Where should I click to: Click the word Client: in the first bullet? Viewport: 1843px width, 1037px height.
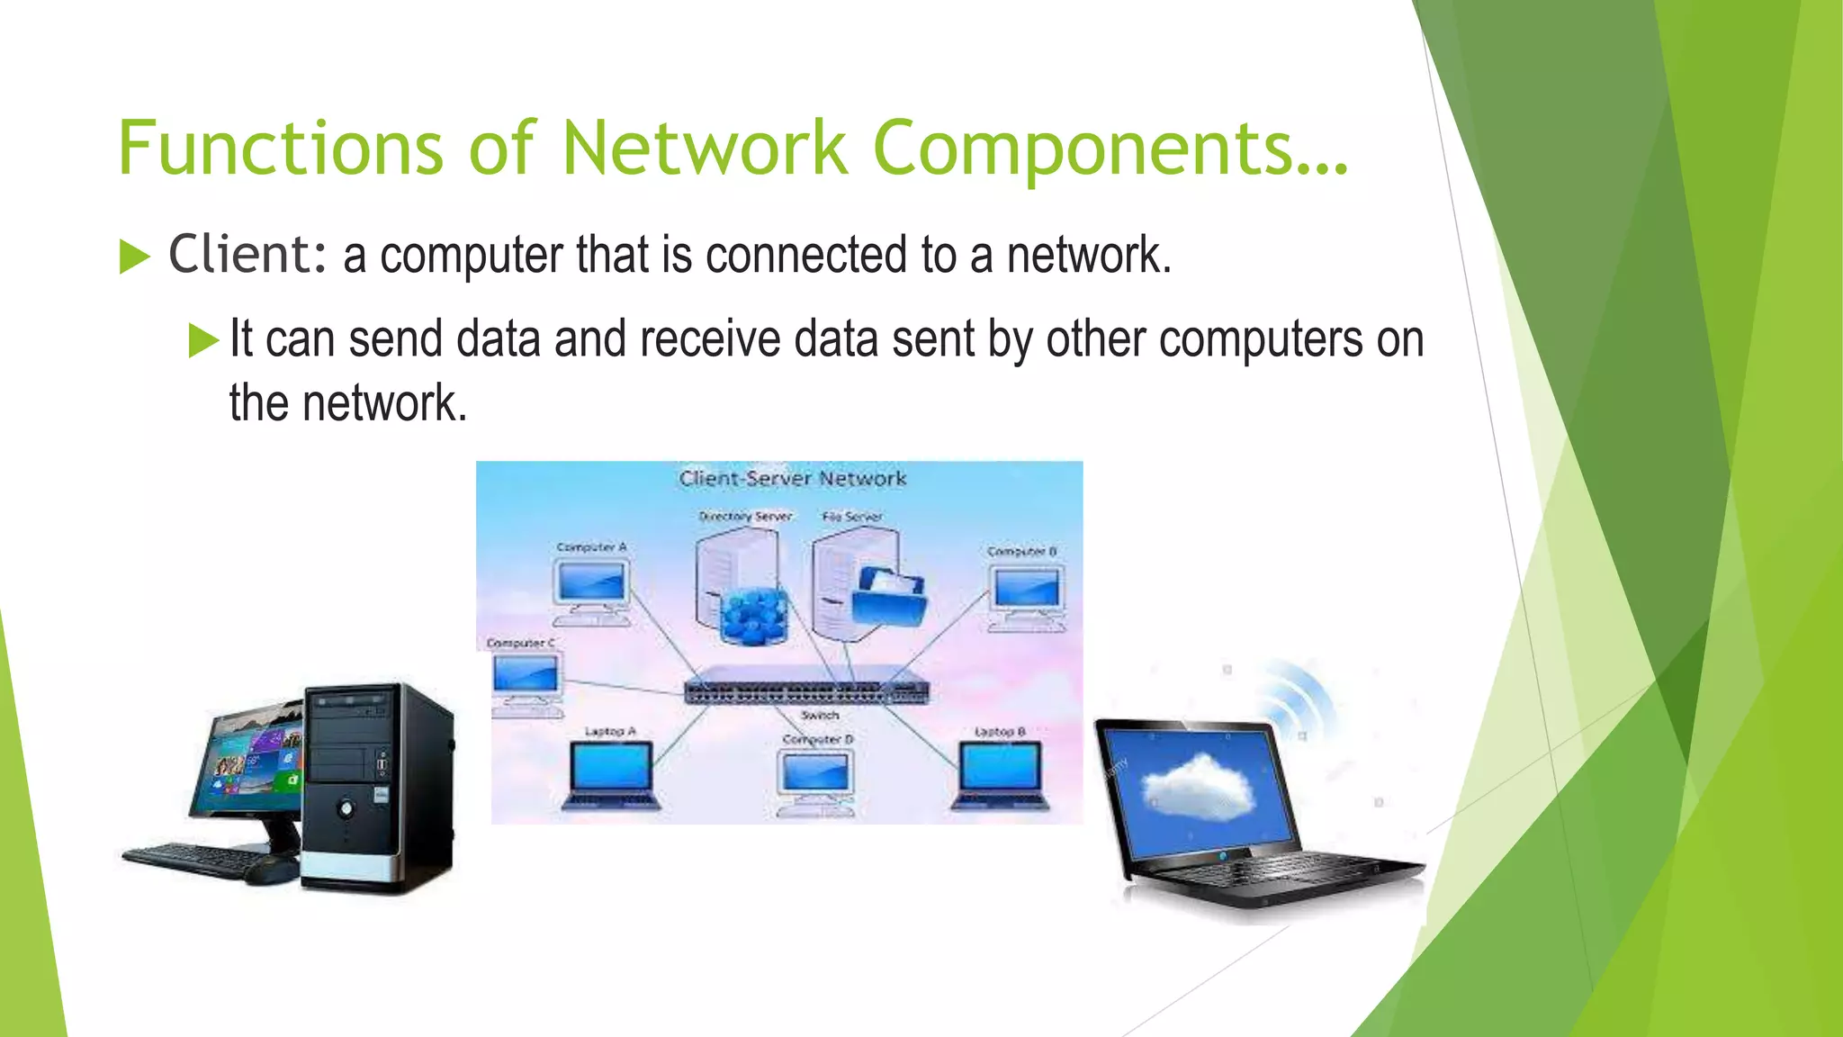[247, 255]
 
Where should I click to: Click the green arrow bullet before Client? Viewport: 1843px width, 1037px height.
[134, 257]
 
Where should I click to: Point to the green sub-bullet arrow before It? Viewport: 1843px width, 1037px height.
[203, 341]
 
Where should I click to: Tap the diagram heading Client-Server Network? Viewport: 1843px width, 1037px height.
[792, 478]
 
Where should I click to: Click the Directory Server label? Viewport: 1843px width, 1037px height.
[745, 517]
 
